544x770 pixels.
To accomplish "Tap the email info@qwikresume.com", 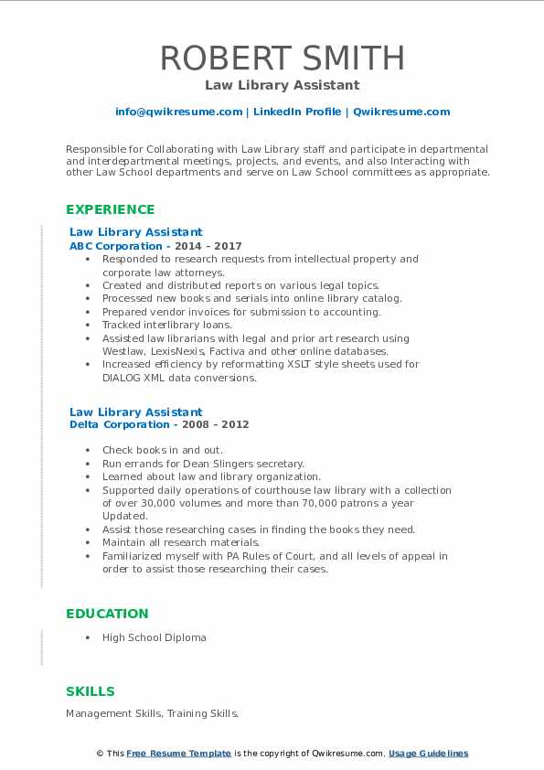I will tap(178, 112).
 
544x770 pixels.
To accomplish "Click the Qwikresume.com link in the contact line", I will tap(401, 112).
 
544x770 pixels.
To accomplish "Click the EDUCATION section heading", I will tap(107, 614).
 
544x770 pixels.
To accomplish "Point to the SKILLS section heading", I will tap(91, 691).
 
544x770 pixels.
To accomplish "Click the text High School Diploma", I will tap(154, 637).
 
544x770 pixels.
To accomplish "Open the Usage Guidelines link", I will tap(428, 754).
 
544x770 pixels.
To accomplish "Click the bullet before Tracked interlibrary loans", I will tap(87, 325).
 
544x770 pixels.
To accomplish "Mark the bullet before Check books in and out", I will tap(87, 451).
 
